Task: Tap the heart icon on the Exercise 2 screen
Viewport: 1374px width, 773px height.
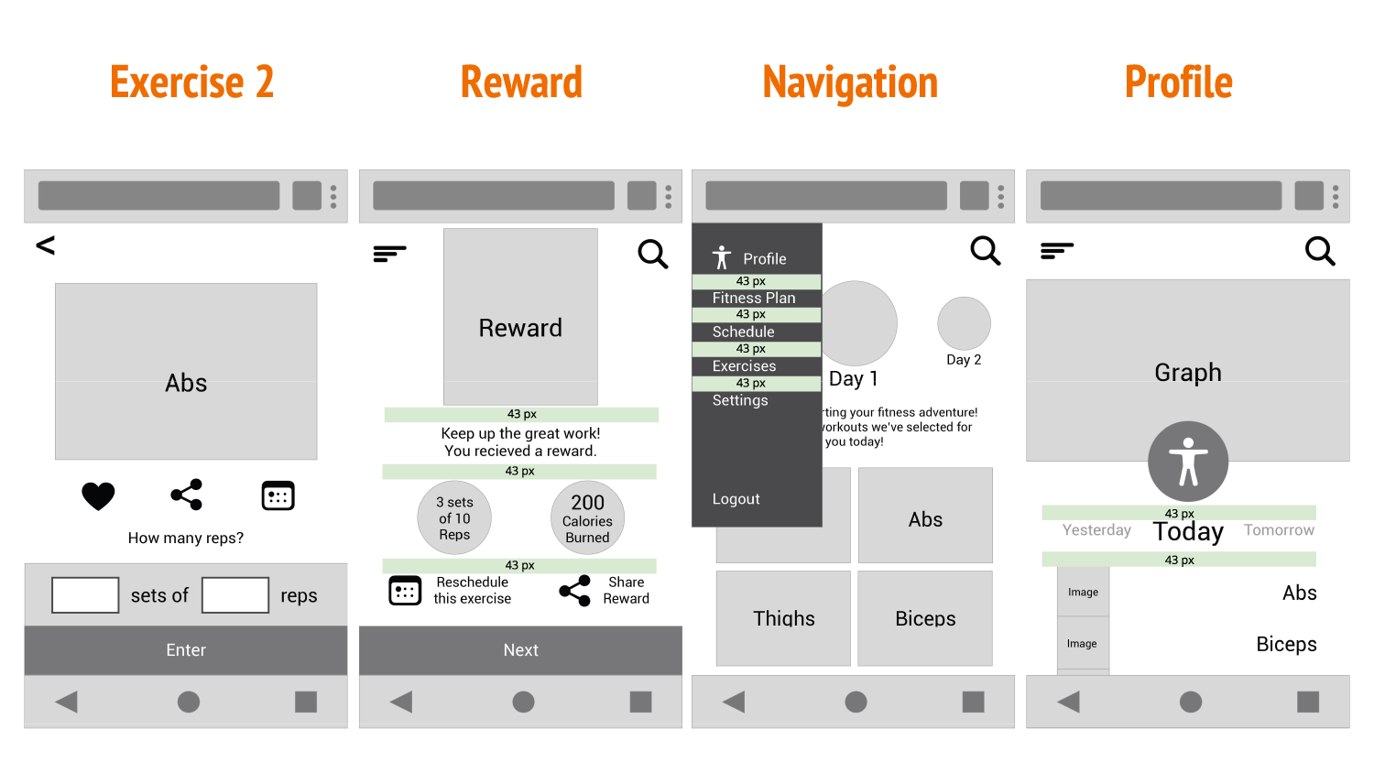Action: click(98, 495)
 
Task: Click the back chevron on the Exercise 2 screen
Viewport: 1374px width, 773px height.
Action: click(46, 245)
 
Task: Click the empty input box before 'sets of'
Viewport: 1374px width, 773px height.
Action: click(85, 594)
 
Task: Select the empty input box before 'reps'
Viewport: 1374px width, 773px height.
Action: click(234, 594)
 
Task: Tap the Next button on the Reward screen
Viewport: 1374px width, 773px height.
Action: click(520, 650)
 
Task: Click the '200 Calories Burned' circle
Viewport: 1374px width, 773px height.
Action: click(587, 517)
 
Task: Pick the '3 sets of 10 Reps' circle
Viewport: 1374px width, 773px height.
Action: click(454, 517)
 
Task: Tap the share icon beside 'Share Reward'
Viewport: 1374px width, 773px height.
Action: click(575, 591)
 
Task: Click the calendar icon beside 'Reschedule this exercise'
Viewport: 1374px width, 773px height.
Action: click(405, 591)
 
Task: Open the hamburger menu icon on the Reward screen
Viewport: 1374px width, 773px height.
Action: click(389, 254)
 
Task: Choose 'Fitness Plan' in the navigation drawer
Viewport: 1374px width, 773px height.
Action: click(754, 299)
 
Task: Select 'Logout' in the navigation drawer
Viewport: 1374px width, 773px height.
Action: click(736, 499)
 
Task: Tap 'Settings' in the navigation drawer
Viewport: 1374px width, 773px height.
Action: click(740, 400)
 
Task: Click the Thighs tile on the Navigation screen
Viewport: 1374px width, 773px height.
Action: click(783, 618)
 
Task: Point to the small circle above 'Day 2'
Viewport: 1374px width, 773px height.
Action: click(964, 323)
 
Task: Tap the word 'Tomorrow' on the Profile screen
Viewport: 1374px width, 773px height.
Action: click(1279, 530)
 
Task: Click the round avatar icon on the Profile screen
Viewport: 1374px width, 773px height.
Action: click(1188, 462)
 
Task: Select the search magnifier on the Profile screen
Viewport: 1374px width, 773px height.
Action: click(1319, 251)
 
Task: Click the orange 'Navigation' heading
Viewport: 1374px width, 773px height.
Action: click(850, 82)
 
